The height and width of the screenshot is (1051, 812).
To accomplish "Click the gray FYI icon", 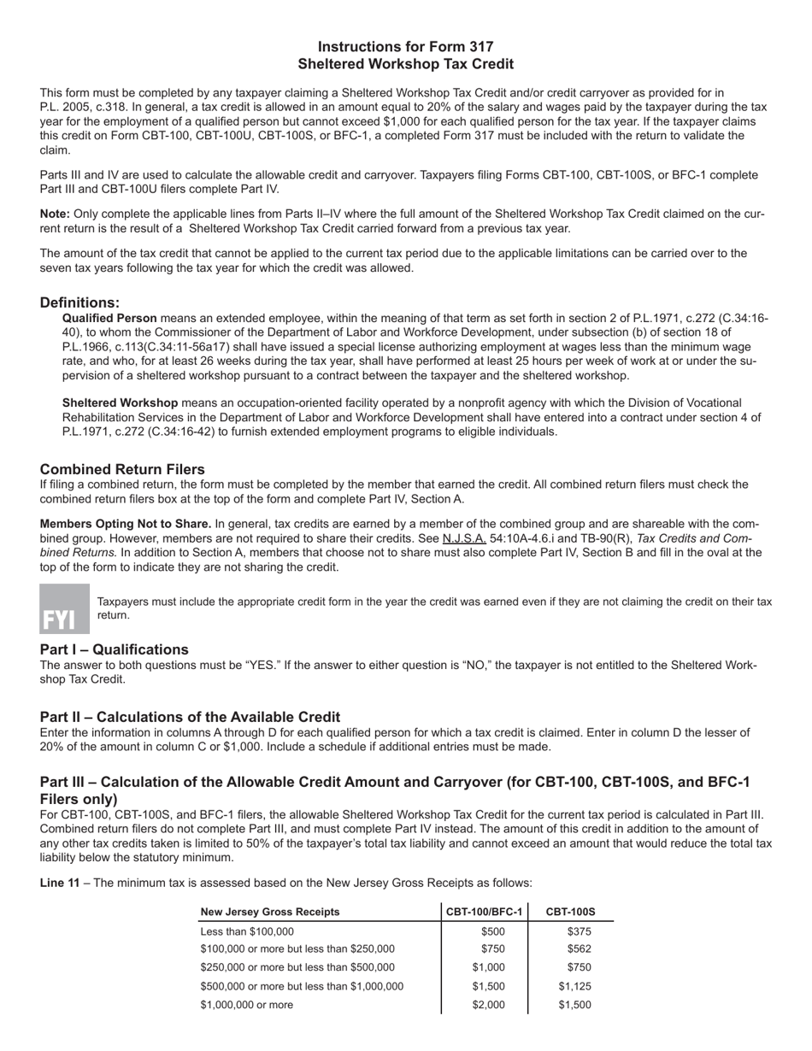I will coord(64,608).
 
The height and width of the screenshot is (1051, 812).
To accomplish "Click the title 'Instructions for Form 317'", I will coord(405,47).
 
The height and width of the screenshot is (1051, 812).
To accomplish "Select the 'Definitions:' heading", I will coord(79,302).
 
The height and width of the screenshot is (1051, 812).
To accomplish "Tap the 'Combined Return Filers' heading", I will coord(122,469).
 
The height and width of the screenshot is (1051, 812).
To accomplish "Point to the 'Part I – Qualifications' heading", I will coord(115,649).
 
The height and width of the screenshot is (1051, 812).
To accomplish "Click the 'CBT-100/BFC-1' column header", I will coord(485,912).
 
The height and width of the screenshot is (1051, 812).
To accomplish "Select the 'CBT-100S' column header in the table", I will coord(571,912).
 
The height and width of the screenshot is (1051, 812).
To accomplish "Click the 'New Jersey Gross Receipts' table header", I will coord(269,912).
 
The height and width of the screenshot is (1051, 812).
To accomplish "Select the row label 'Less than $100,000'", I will coord(246,931).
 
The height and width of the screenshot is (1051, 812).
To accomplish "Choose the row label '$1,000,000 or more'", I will coord(246,1005).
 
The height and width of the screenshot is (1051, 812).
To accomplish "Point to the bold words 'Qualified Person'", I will coord(109,318).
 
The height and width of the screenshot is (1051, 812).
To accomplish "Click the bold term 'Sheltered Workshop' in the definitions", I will coord(120,402).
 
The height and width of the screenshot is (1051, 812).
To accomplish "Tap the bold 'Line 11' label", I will coord(60,883).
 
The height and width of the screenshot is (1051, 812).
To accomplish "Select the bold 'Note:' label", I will coord(55,214).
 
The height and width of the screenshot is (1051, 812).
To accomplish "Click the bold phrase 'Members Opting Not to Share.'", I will coord(126,524).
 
